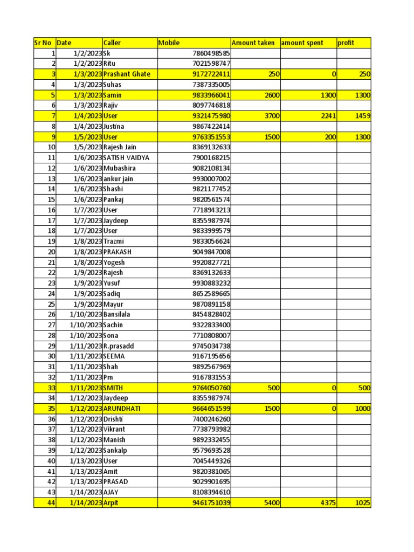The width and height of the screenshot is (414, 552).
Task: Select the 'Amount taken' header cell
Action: point(253,43)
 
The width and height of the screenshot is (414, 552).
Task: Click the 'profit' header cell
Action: point(346,43)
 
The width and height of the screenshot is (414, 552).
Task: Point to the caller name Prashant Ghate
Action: point(127,74)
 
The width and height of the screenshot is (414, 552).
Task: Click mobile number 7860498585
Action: point(211,53)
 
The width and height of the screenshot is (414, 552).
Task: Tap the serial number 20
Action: point(52,252)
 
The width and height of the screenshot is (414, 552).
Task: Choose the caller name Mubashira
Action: point(120,168)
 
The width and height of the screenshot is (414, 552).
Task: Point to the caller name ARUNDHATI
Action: point(122,409)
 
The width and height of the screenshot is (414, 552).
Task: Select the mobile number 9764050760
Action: point(211,388)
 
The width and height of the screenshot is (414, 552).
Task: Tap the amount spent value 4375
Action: point(326,503)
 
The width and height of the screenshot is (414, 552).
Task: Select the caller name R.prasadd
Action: point(119,346)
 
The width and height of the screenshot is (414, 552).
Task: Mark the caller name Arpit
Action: point(112,503)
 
